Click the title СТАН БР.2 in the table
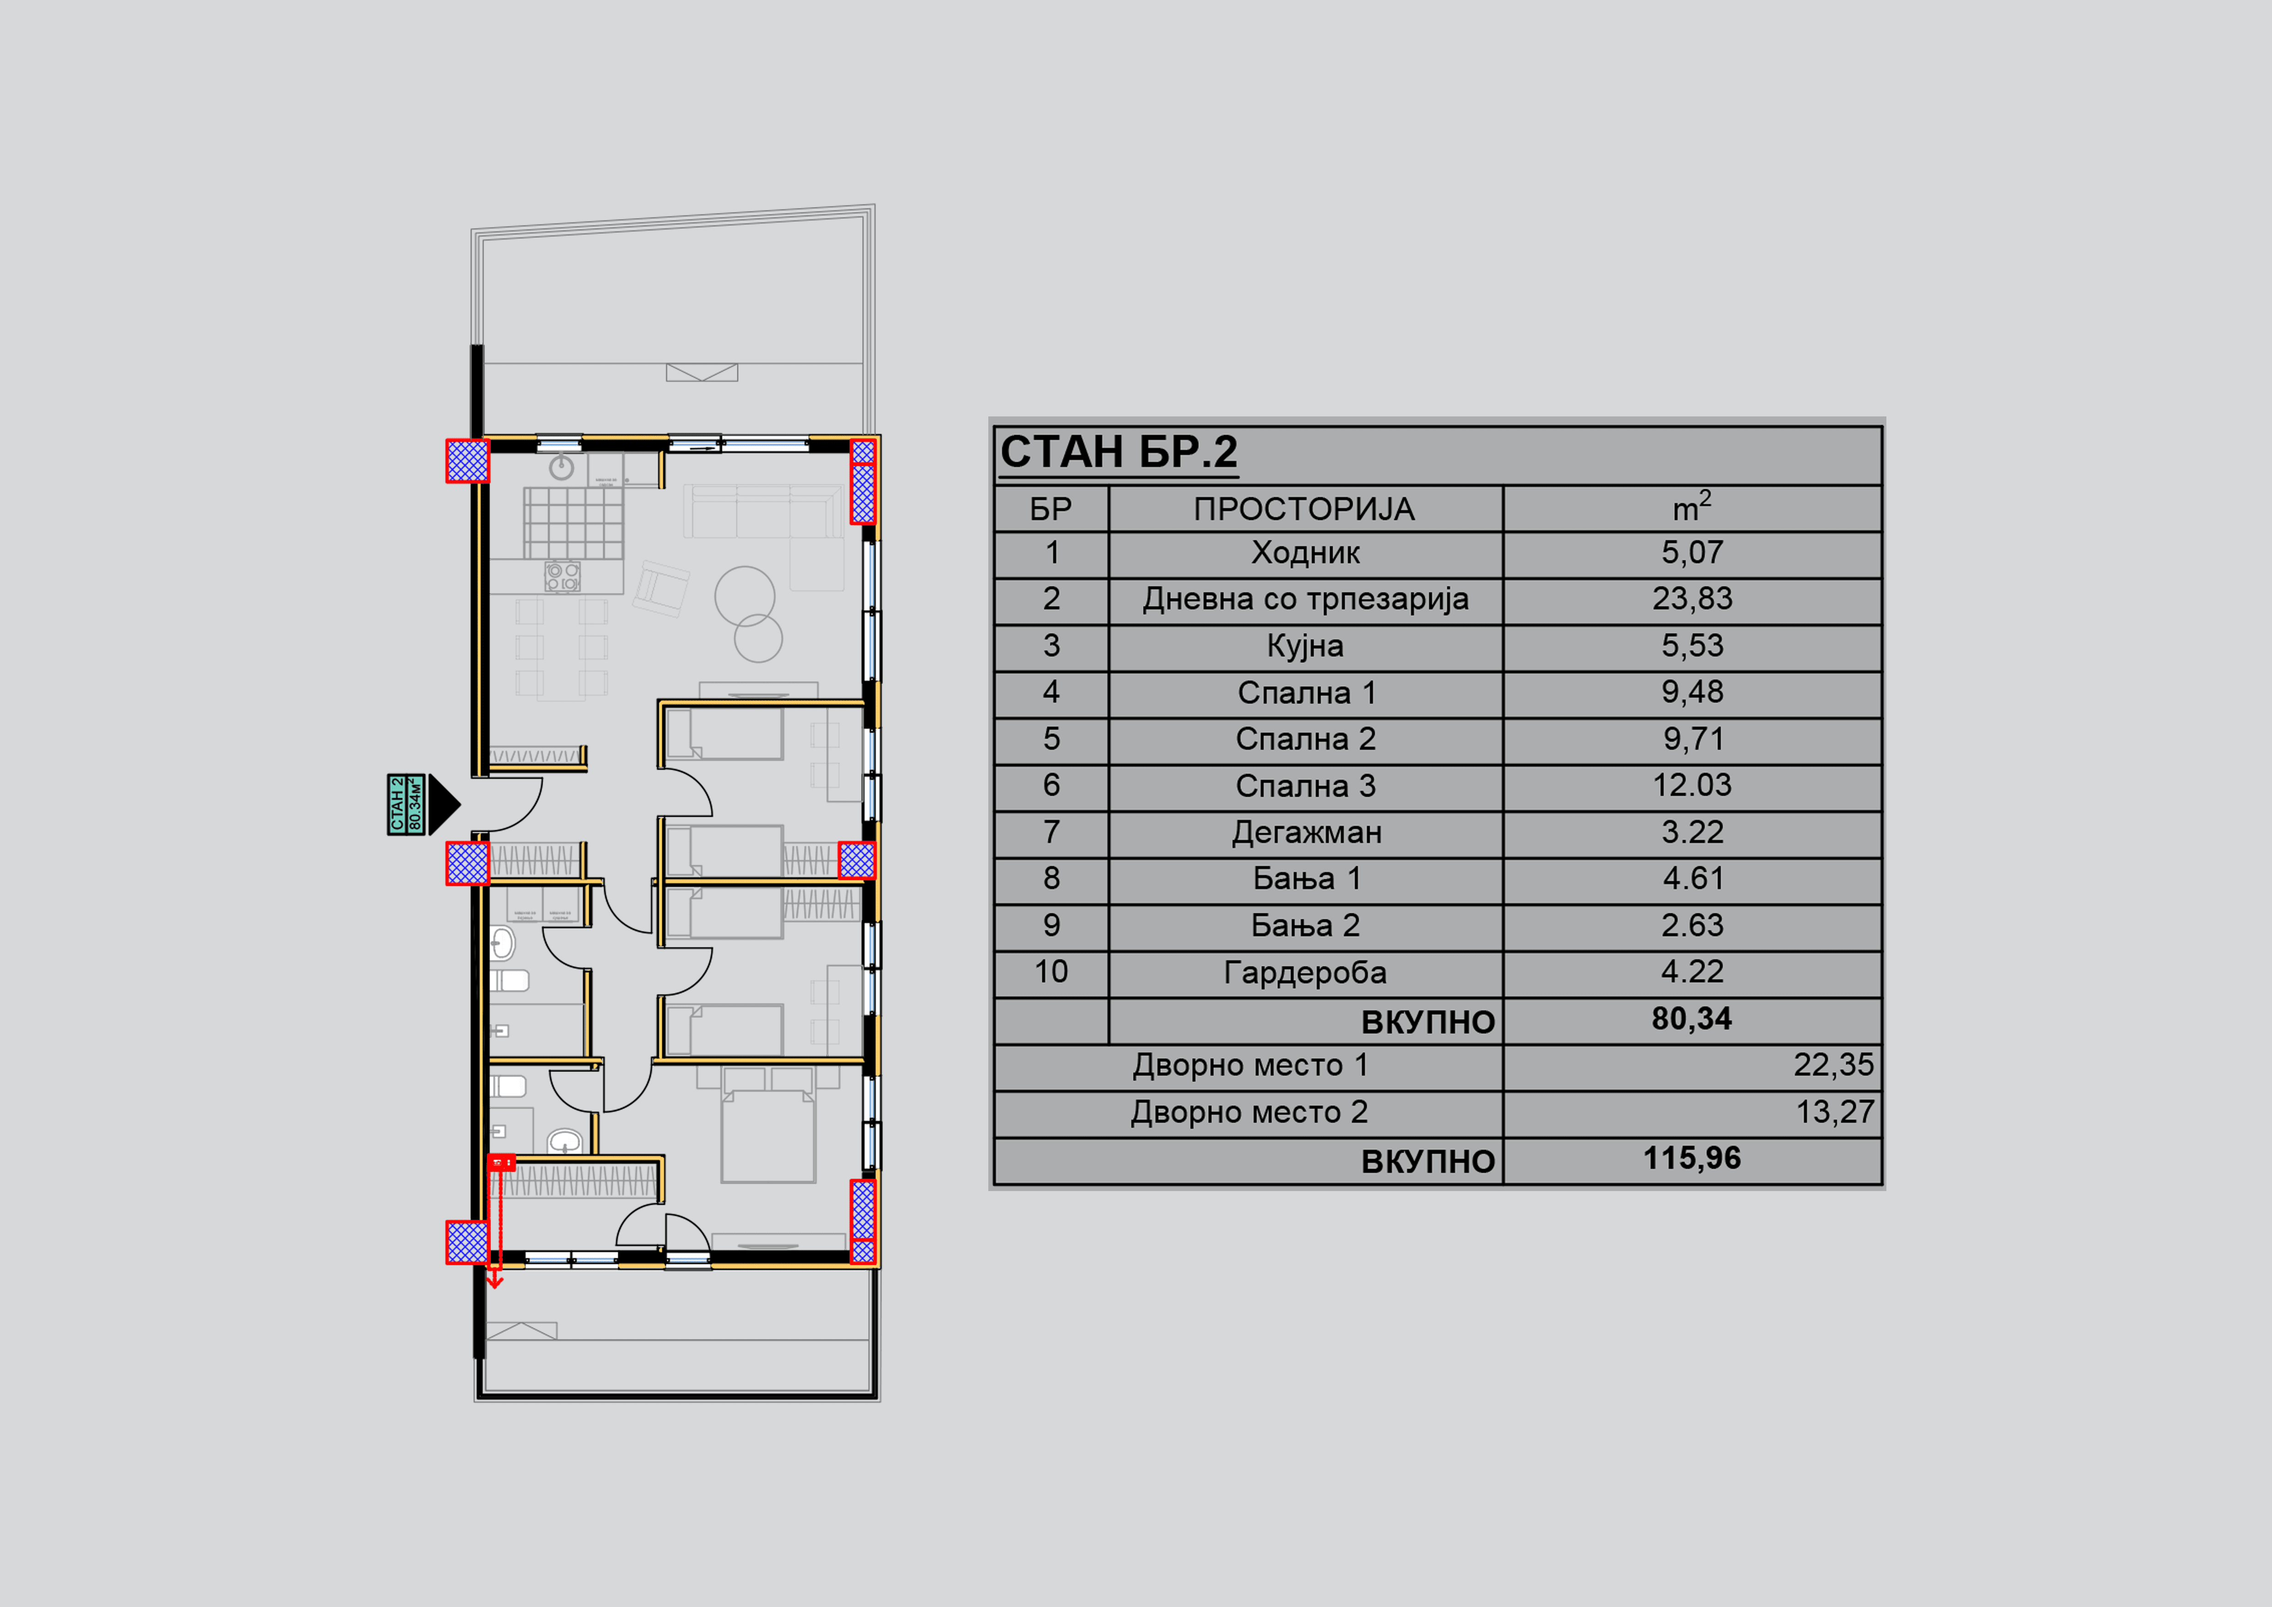[1118, 452]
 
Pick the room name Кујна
[1304, 646]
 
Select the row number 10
[1051, 972]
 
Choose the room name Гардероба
[1304, 973]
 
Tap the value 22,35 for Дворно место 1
[1833, 1065]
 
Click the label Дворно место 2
[1249, 1112]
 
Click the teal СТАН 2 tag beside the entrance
[406, 804]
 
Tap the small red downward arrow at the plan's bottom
[495, 1280]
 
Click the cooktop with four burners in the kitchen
[562, 577]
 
